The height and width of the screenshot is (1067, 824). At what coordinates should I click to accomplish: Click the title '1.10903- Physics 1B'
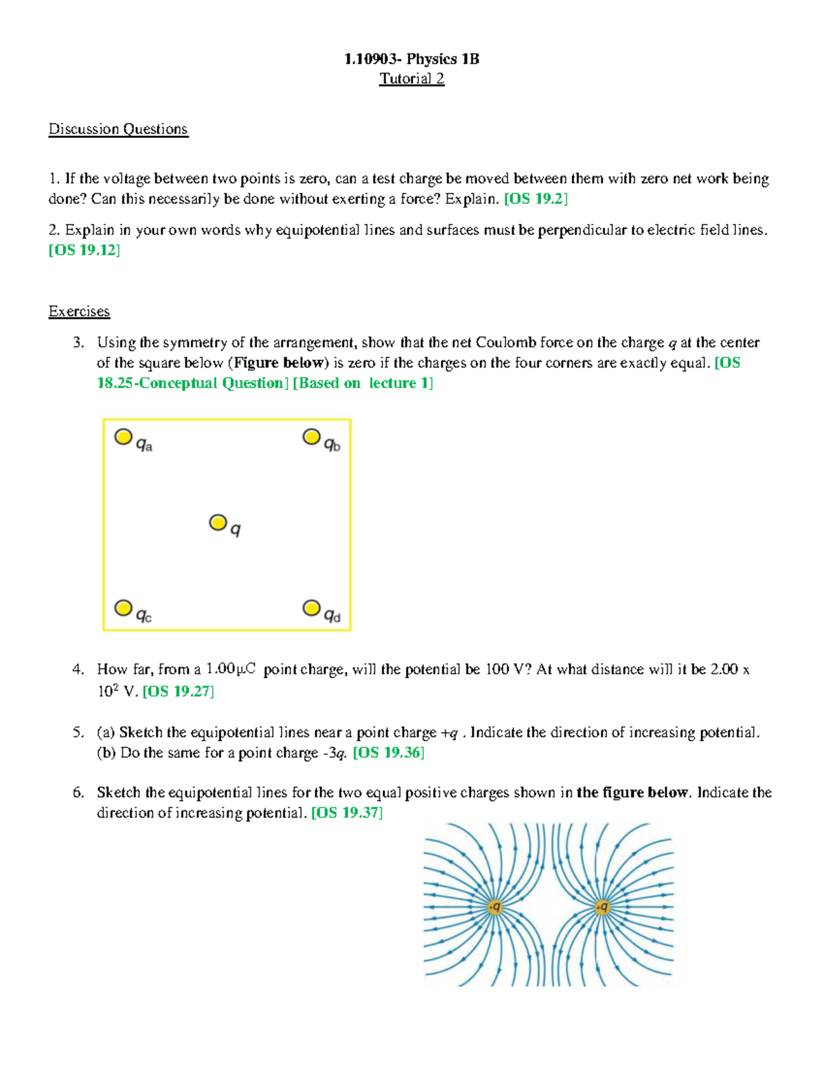point(411,59)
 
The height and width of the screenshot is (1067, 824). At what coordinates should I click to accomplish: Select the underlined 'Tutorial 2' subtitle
point(411,79)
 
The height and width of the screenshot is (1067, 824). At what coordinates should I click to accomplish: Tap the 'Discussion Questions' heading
point(118,129)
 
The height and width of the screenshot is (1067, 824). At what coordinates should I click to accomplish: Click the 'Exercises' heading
point(79,311)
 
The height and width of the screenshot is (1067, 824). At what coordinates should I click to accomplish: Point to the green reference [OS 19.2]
point(536,199)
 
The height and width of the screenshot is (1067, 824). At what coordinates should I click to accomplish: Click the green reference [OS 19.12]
point(84,250)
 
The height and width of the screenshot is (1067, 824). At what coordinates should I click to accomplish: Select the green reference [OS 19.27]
point(178,691)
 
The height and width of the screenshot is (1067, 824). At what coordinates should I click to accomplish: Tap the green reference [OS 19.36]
point(388,753)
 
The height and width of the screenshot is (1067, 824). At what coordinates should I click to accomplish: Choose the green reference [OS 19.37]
point(347,813)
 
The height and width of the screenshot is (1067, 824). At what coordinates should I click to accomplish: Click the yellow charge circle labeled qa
point(124,437)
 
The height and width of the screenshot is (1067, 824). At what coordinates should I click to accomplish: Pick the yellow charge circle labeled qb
point(312,437)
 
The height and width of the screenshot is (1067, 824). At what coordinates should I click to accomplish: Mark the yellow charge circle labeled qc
point(124,608)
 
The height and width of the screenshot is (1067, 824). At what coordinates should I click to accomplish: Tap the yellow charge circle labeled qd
point(312,608)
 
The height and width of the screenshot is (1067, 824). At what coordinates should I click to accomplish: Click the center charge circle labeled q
point(218,523)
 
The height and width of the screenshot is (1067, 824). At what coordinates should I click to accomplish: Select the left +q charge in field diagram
point(494,908)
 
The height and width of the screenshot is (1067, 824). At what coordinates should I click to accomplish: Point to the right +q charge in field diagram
point(602,908)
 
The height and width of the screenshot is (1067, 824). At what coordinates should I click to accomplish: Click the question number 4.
point(78,669)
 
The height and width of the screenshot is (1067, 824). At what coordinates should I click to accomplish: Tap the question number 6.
point(78,793)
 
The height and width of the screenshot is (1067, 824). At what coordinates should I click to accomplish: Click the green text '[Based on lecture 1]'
point(363,383)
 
